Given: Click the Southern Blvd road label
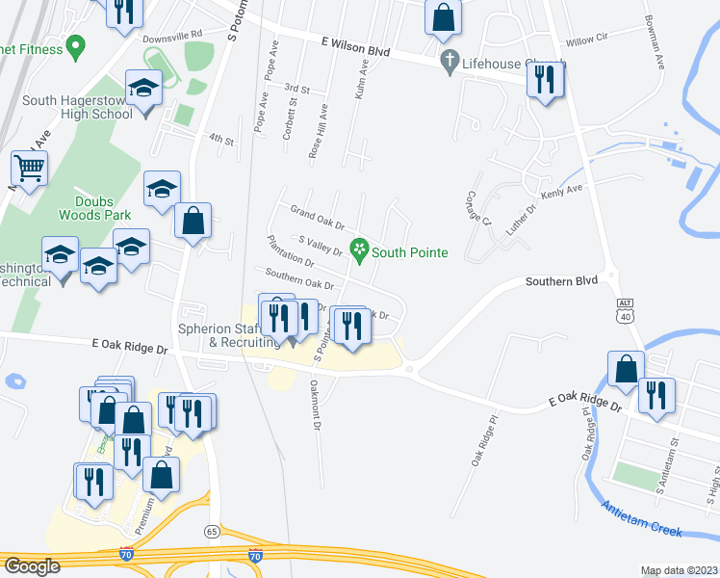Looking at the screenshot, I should (561, 280).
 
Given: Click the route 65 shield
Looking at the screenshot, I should (212, 531).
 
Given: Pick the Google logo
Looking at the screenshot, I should (32, 566).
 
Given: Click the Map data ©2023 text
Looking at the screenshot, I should (679, 570).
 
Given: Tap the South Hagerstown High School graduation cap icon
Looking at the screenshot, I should (144, 89).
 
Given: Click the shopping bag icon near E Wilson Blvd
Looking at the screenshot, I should (443, 17).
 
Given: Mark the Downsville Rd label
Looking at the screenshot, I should (172, 34).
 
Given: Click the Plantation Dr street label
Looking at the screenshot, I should (291, 251).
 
